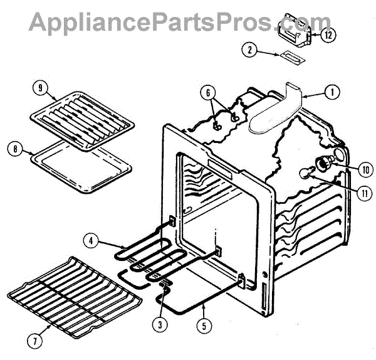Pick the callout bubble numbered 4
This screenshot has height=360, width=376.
(x=91, y=239)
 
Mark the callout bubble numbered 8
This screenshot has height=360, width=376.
(x=14, y=149)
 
